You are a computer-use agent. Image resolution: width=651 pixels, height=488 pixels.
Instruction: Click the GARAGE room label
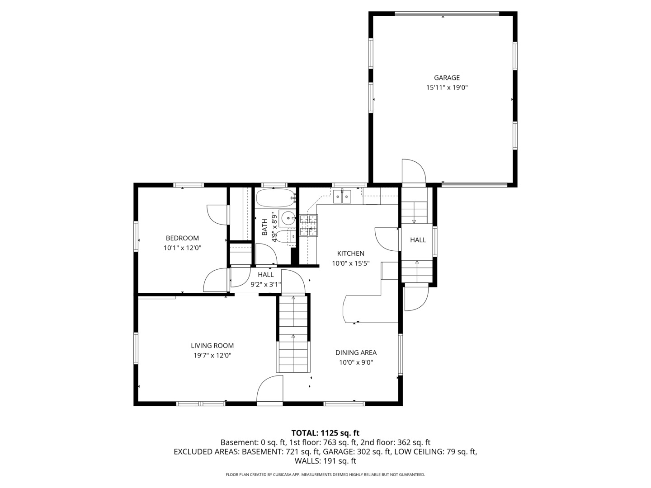click(447, 78)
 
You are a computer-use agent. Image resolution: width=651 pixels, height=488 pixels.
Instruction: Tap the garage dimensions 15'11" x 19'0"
click(447, 88)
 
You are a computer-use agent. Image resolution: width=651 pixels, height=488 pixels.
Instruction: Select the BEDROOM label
click(182, 238)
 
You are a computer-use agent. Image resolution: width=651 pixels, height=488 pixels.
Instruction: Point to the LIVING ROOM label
click(212, 346)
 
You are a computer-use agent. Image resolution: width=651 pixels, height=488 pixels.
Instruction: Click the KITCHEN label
click(350, 253)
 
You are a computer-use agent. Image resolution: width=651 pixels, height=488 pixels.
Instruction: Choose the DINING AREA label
click(356, 352)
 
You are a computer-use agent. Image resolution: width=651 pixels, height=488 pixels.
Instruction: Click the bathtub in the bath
click(275, 197)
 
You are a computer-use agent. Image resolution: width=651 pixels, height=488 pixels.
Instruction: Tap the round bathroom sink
click(288, 218)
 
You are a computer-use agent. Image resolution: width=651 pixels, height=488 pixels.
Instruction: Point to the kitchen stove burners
click(308, 225)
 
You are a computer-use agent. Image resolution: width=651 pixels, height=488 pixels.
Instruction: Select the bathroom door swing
click(266, 254)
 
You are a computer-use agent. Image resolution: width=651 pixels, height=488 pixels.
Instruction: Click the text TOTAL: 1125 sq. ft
click(325, 433)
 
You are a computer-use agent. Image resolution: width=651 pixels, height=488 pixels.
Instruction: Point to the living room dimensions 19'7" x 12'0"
click(212, 356)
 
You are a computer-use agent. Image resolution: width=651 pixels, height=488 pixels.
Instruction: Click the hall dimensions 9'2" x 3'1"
click(265, 285)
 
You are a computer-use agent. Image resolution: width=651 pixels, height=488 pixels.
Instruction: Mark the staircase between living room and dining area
click(293, 333)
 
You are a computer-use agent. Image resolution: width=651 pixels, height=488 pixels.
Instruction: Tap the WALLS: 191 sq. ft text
click(325, 461)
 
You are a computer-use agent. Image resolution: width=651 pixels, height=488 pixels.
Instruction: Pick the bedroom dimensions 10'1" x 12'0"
click(182, 248)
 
